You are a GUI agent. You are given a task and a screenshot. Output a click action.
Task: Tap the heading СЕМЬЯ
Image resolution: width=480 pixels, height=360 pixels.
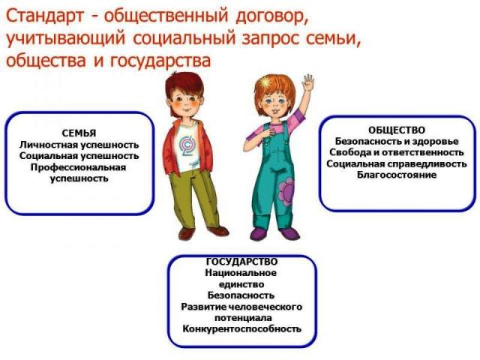79,133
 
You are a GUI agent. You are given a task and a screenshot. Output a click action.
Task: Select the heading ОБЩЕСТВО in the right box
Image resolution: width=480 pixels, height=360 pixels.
397,130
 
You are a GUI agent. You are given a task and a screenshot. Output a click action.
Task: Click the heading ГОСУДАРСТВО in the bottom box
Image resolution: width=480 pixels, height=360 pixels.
241,262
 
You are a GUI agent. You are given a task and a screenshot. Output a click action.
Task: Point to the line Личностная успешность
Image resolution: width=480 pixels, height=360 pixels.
79,144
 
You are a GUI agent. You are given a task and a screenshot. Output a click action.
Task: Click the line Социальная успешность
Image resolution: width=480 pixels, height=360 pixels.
79,155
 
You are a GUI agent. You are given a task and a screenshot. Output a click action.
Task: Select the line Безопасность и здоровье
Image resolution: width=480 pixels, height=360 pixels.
397,141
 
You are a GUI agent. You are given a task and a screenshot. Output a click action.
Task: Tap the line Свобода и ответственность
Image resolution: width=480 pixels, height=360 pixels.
397,152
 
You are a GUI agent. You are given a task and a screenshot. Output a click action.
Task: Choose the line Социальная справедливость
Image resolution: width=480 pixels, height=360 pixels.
397,163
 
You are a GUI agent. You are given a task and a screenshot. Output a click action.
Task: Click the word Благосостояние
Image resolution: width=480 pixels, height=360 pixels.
397,175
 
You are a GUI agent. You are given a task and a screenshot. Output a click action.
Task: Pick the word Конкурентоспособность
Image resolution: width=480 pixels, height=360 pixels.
241,329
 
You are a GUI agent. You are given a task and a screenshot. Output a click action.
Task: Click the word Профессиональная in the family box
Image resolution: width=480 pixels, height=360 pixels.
79,167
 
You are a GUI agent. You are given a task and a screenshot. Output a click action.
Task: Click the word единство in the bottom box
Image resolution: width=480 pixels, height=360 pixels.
241,284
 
